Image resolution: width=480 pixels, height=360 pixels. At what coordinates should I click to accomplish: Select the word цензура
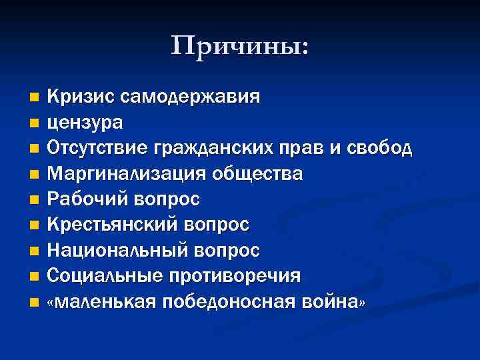[x=85, y=123]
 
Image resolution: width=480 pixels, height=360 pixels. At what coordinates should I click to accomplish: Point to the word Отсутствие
[x=97, y=148]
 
